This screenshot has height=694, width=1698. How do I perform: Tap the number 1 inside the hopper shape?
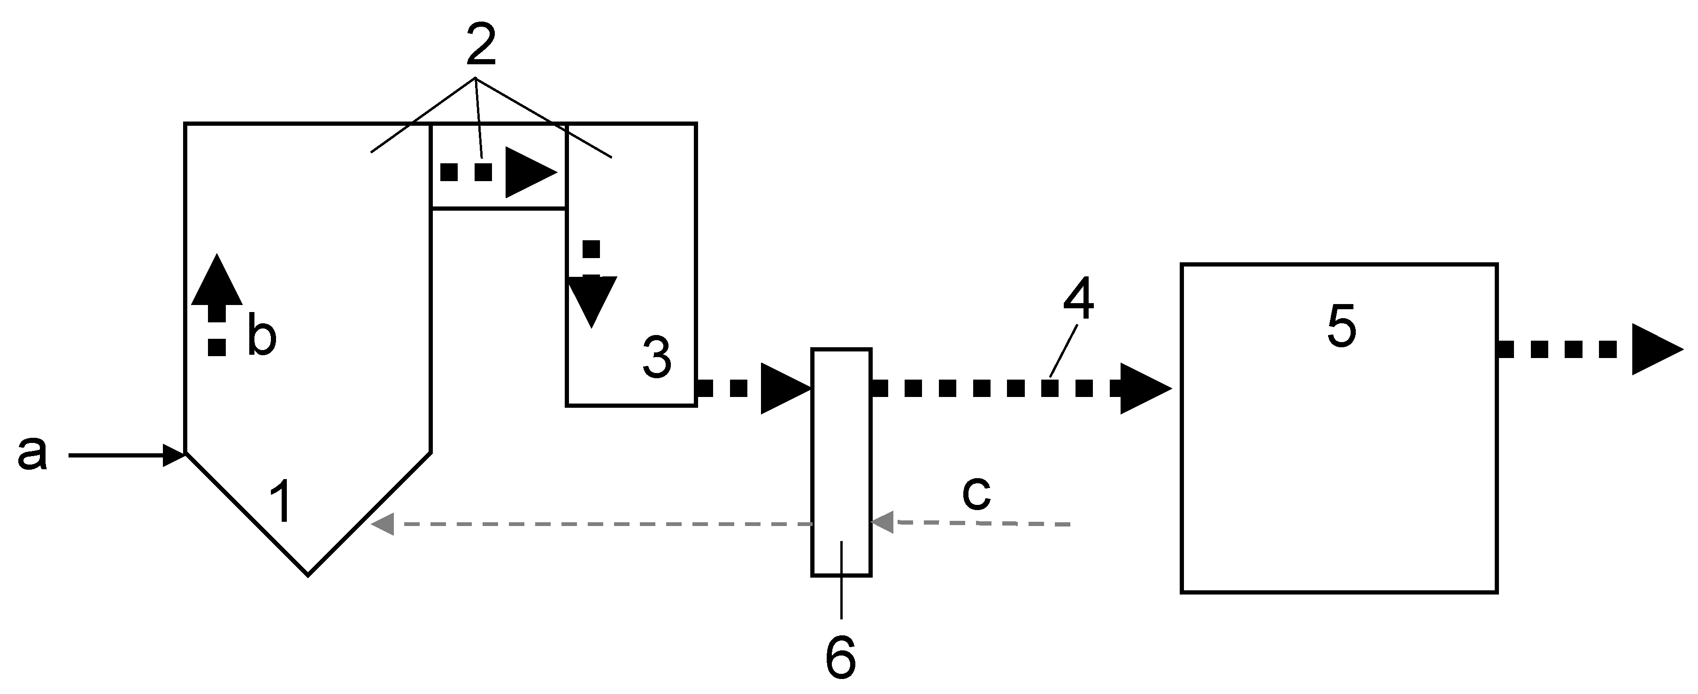coord(282,502)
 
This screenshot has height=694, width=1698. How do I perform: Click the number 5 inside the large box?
coord(1341,326)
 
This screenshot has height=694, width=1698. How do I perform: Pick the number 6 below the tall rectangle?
coord(840,657)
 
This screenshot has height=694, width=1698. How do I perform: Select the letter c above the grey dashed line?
coord(976,494)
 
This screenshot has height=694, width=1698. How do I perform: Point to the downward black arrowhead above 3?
coord(592,300)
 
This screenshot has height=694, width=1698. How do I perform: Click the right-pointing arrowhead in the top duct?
coord(530,173)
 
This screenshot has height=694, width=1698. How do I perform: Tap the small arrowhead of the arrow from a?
coord(174,456)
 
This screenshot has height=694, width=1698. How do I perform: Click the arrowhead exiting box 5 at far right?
coord(1655,349)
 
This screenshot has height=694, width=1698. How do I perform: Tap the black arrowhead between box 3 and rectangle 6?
coord(784,388)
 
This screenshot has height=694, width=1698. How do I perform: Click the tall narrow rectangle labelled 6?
coord(841,461)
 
